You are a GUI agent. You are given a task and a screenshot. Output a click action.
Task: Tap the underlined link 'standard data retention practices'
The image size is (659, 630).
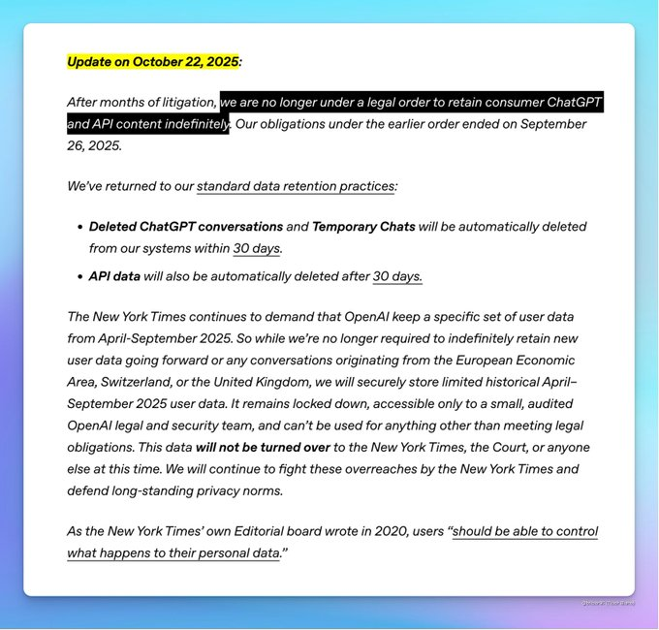[x=296, y=185]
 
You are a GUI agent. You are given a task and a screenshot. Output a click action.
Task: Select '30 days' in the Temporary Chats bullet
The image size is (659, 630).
[x=257, y=248]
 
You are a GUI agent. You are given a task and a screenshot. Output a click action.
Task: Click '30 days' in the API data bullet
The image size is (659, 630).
[x=397, y=276]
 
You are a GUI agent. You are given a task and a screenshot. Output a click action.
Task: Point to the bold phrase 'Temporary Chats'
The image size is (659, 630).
[x=363, y=227]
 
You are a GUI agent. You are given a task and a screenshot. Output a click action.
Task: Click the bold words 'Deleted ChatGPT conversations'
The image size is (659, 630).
[x=186, y=227]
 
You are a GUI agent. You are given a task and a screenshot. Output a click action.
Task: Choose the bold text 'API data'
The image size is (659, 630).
[x=114, y=276]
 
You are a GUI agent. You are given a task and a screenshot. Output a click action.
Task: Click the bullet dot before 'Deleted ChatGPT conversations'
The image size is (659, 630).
[x=79, y=227]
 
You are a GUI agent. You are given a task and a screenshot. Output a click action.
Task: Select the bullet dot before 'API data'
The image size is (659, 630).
[x=79, y=276]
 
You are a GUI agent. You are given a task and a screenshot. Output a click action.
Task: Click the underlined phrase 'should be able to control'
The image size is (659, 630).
[x=525, y=531]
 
